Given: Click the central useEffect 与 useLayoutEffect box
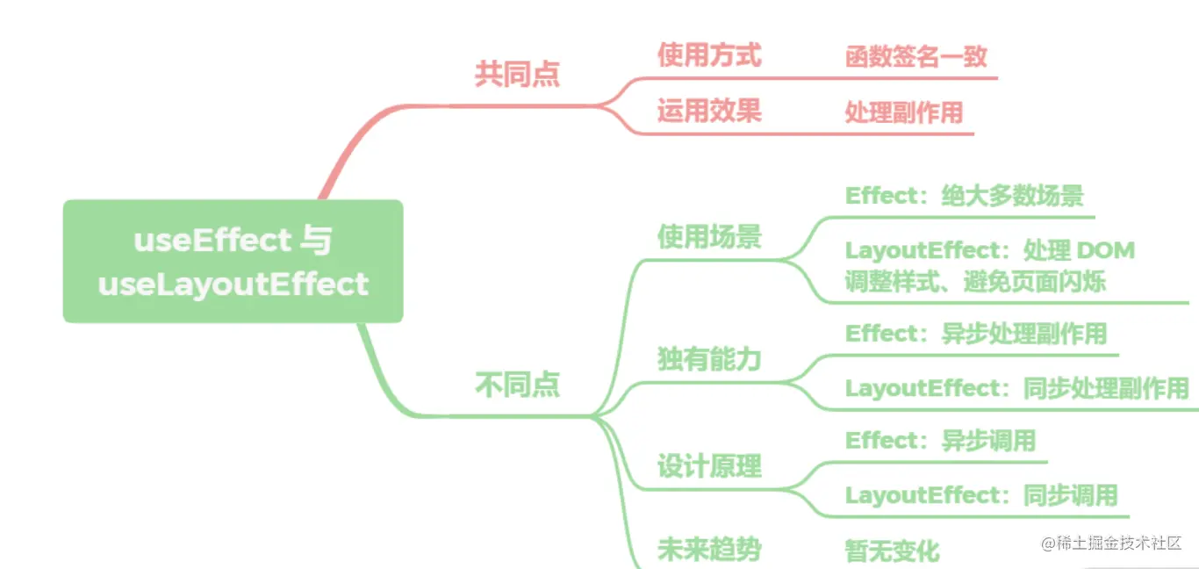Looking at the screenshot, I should click(x=233, y=261).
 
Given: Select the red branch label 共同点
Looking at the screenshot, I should click(x=517, y=74).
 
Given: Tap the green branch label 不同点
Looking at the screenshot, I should click(x=517, y=385).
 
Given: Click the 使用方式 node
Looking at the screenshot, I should click(x=709, y=55).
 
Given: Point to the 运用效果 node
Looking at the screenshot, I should click(x=709, y=111).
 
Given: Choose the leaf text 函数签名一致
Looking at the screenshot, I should click(x=915, y=57).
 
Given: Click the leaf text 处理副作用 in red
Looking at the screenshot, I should click(x=903, y=112).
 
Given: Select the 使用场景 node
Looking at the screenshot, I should click(x=709, y=237).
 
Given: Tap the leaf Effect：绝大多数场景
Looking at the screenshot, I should click(x=964, y=196).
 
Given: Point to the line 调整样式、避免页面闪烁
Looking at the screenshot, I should click(x=974, y=282).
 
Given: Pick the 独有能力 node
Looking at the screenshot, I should click(x=709, y=358).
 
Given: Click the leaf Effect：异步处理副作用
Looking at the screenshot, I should click(x=975, y=334).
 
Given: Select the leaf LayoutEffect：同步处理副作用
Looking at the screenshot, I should click(x=1016, y=387).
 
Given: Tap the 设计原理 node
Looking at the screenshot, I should click(x=709, y=466).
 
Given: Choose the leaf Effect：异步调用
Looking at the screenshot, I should click(x=940, y=440).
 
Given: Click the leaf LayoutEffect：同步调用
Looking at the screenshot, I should click(x=980, y=495).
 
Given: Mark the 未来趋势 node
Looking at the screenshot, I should click(x=709, y=550).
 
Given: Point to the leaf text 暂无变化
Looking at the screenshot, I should click(x=892, y=551).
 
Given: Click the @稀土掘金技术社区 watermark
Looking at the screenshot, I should click(x=1111, y=544).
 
